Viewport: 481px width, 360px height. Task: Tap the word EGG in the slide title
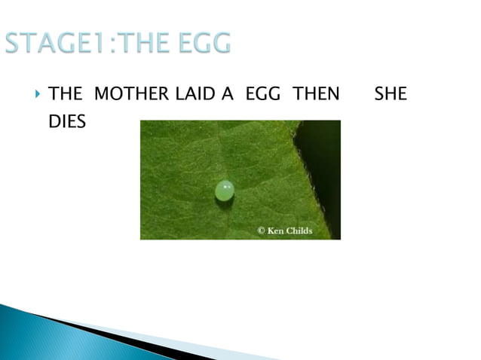(x=201, y=43)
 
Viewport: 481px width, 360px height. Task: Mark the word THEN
(x=316, y=94)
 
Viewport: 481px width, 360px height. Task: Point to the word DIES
(x=66, y=121)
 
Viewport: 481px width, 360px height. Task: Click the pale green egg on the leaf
(x=224, y=191)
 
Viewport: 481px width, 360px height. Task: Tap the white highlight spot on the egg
(x=227, y=185)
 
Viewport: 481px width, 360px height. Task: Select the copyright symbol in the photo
(x=262, y=230)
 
